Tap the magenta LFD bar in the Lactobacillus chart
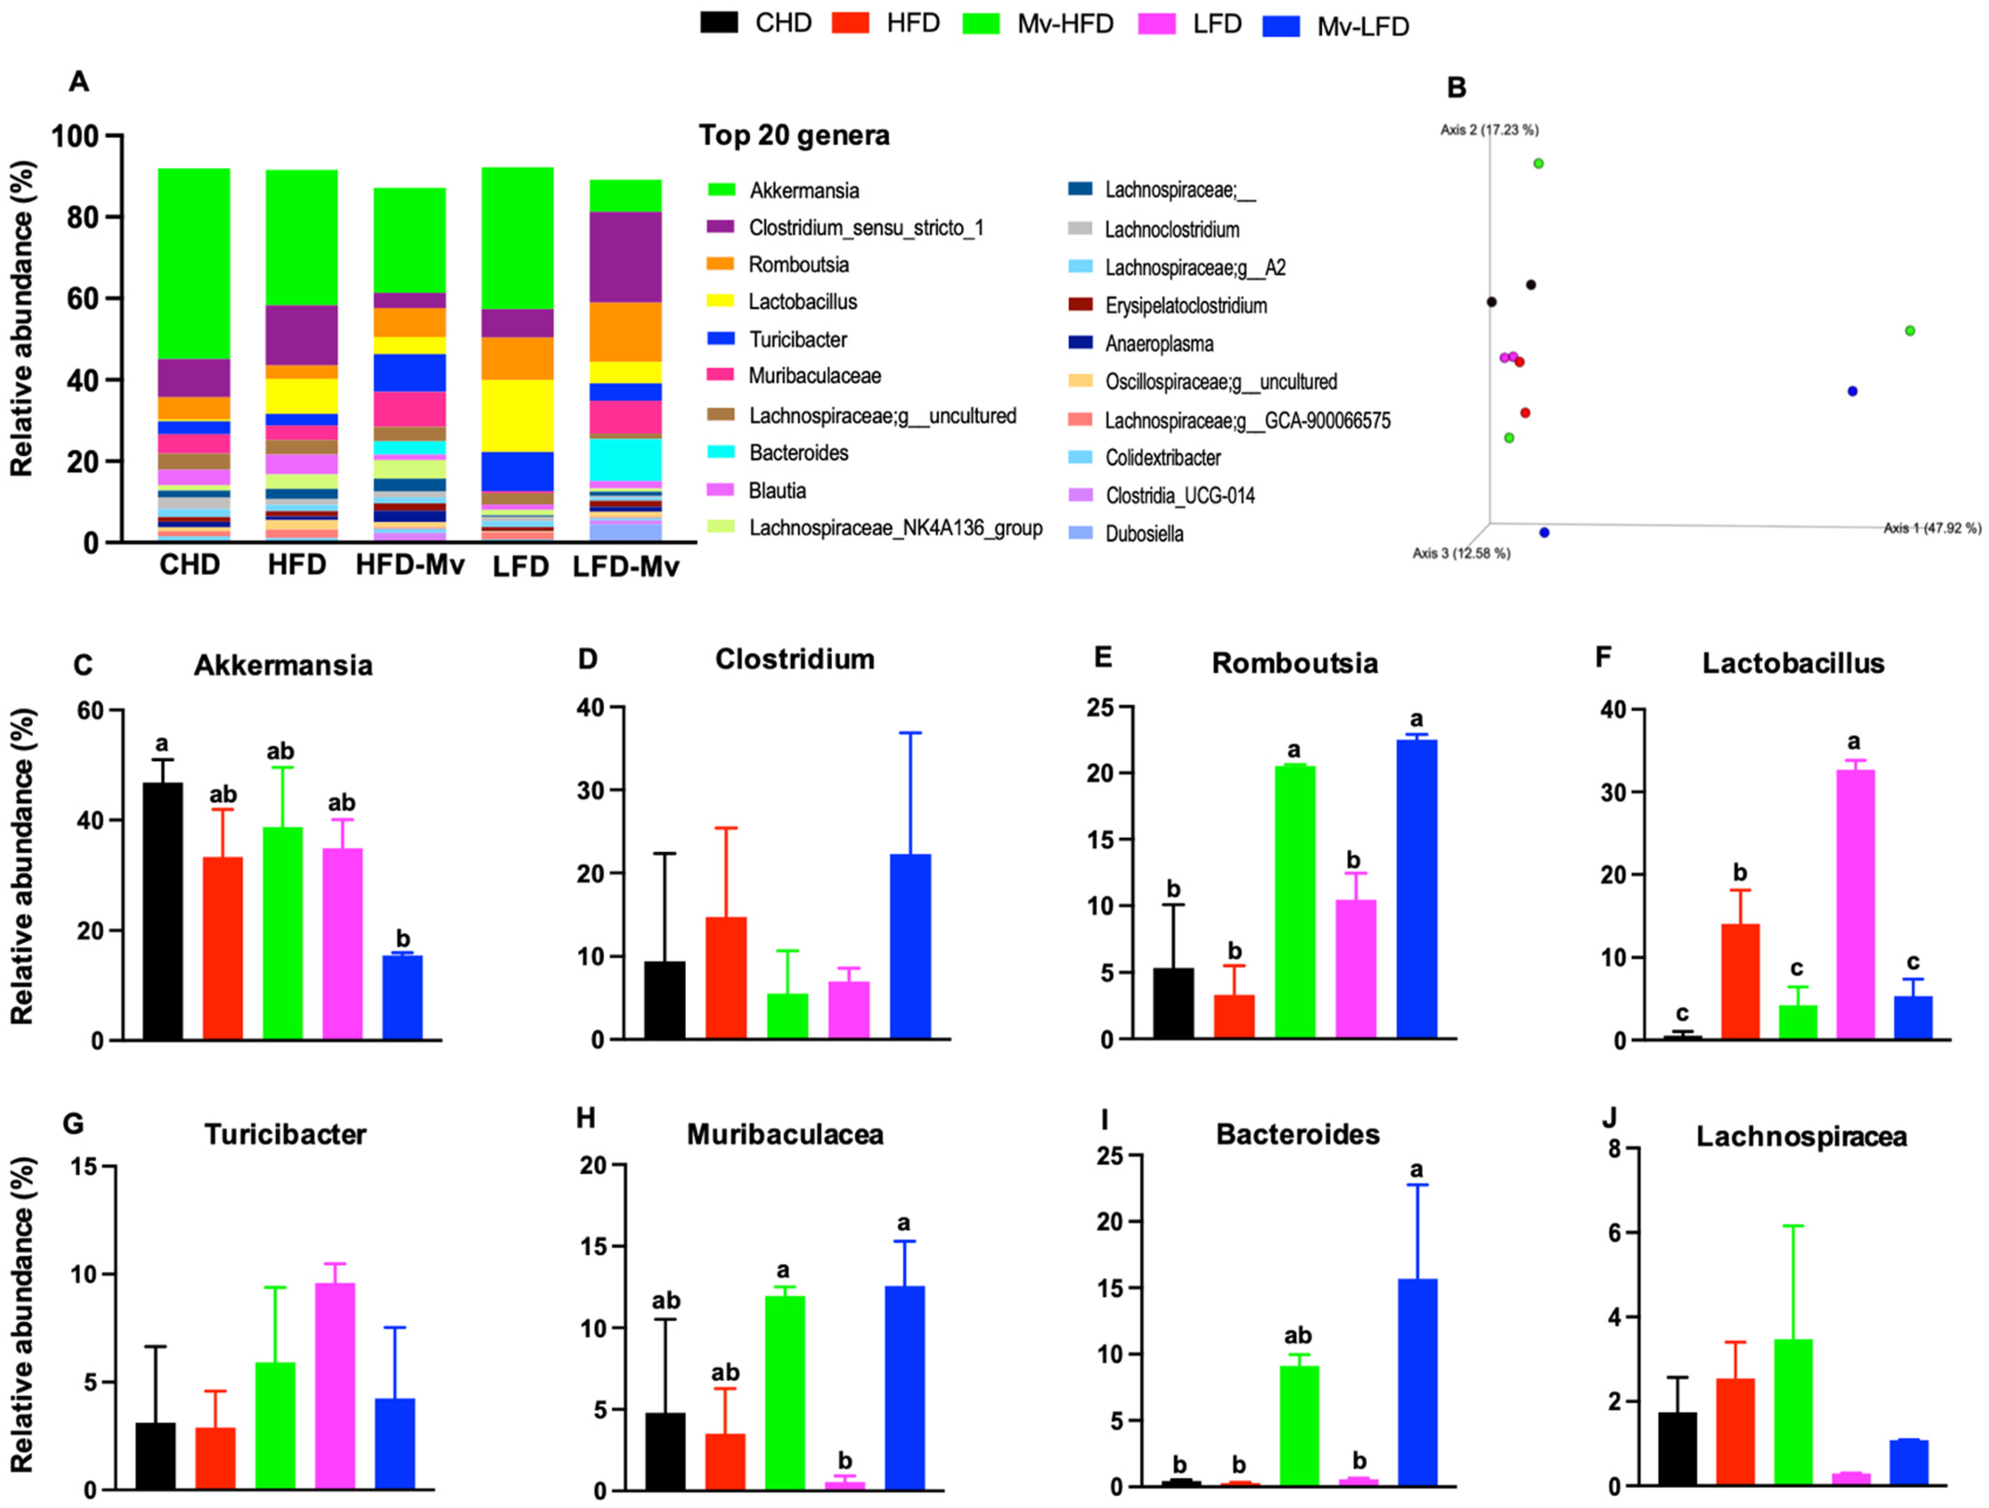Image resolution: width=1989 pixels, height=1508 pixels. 1854,903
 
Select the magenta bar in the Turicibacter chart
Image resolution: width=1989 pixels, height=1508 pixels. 334,1385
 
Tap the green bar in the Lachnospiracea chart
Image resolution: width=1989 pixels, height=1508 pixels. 1793,1412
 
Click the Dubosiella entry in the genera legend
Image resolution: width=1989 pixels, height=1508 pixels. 1144,534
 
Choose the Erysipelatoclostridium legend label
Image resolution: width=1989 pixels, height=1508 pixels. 1185,306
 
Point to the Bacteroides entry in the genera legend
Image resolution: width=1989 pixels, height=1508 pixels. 798,452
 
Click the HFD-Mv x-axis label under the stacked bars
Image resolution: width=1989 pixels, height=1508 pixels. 410,565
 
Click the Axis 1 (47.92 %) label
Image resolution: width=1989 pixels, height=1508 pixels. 1931,528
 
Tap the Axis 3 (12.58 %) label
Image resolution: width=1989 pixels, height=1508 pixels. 1461,553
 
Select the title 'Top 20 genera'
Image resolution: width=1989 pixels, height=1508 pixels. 794,136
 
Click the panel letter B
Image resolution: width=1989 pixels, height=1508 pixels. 1457,88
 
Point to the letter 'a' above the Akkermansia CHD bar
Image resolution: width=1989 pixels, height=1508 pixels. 162,744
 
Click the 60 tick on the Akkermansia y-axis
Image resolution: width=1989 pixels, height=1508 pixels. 90,711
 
